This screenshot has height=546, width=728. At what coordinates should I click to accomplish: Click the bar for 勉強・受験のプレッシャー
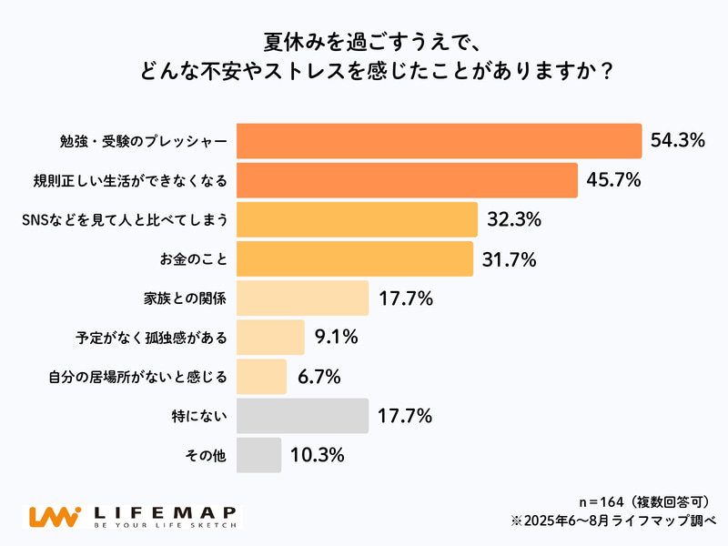pos(439,141)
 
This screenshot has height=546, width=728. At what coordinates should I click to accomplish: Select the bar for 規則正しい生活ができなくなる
pos(407,180)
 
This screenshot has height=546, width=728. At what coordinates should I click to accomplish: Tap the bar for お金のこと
pos(355,258)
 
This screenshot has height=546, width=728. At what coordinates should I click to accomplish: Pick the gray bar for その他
pos(259,455)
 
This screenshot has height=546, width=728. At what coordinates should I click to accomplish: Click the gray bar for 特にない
pos(302,416)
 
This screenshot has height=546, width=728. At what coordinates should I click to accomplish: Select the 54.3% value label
pos(679,140)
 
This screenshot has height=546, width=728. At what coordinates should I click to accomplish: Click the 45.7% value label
pos(614,180)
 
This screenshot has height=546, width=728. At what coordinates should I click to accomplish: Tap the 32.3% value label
pos(514,219)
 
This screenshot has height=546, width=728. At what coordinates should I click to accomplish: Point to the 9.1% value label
pos(336,337)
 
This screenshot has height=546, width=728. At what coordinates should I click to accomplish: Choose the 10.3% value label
pos(317,455)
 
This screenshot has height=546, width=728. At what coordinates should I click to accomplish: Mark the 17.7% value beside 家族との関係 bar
pos(405,298)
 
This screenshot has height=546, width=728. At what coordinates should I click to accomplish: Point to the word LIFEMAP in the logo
pos(165,511)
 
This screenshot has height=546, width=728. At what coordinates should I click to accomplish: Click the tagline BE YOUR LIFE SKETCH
pos(165,526)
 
